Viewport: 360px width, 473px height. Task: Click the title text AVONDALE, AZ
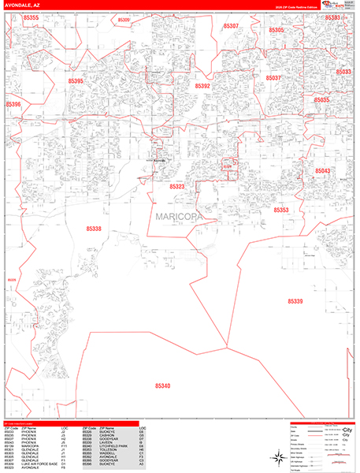pos(22,4)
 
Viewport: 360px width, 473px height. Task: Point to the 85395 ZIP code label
pos(76,80)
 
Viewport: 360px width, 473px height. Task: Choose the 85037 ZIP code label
pos(273,78)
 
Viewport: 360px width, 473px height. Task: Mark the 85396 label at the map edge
pos(13,104)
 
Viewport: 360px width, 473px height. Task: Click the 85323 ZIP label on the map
pos(177,187)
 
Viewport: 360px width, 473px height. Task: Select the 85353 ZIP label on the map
pos(281,210)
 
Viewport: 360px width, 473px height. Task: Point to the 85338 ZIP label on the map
pos(94,229)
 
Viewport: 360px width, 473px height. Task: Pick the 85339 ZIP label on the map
pos(295,301)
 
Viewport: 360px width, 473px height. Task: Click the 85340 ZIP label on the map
pos(163,385)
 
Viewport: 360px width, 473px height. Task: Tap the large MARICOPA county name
pos(178,215)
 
